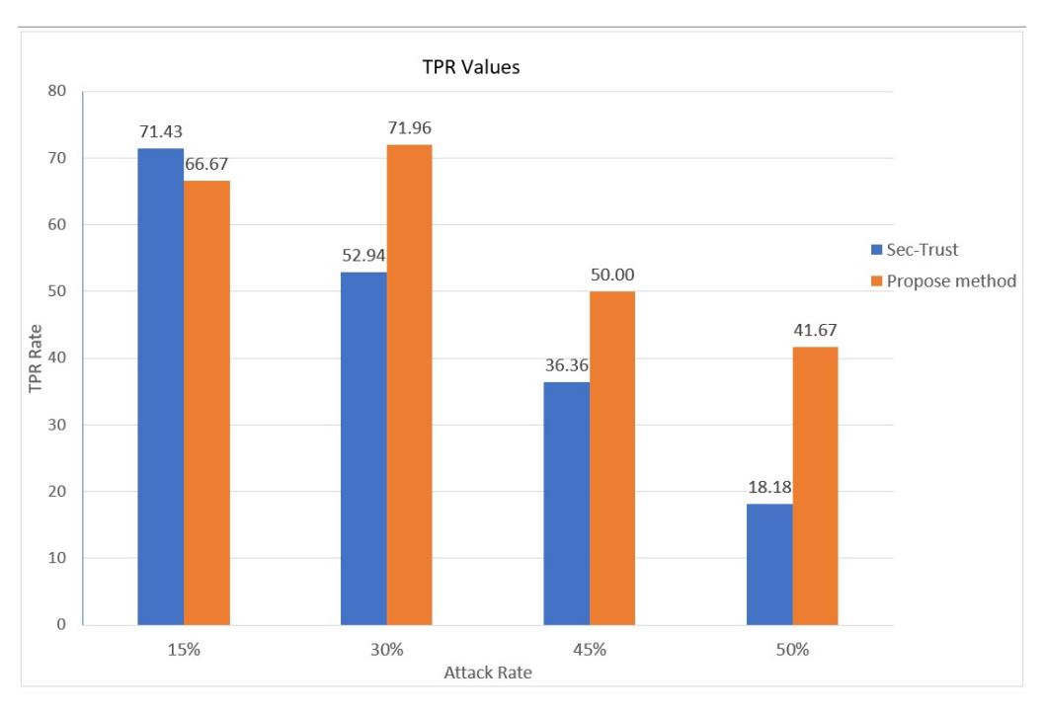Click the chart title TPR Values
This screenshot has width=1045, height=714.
(471, 67)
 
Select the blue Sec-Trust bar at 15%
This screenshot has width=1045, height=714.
(161, 386)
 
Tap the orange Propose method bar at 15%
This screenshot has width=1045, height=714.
(206, 402)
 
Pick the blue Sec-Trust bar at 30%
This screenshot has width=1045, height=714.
(363, 448)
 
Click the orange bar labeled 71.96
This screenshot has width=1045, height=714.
(409, 384)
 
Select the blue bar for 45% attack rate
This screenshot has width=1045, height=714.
(567, 504)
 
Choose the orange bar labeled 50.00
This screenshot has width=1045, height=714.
(612, 458)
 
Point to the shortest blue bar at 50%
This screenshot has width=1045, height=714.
(769, 564)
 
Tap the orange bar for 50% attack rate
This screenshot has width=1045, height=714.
(815, 486)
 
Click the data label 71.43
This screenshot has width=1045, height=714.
(161, 132)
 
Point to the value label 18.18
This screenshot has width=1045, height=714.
(769, 487)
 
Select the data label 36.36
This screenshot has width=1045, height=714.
(567, 365)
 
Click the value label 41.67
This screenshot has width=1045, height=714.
(815, 331)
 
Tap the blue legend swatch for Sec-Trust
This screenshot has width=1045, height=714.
(876, 250)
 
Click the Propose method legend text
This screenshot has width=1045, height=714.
(951, 281)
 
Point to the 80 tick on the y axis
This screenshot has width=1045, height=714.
(57, 91)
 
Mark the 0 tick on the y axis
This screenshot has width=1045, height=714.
(61, 625)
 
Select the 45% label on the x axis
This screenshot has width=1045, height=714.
(590, 650)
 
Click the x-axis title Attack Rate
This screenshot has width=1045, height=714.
(488, 673)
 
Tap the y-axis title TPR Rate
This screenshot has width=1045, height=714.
(36, 358)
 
